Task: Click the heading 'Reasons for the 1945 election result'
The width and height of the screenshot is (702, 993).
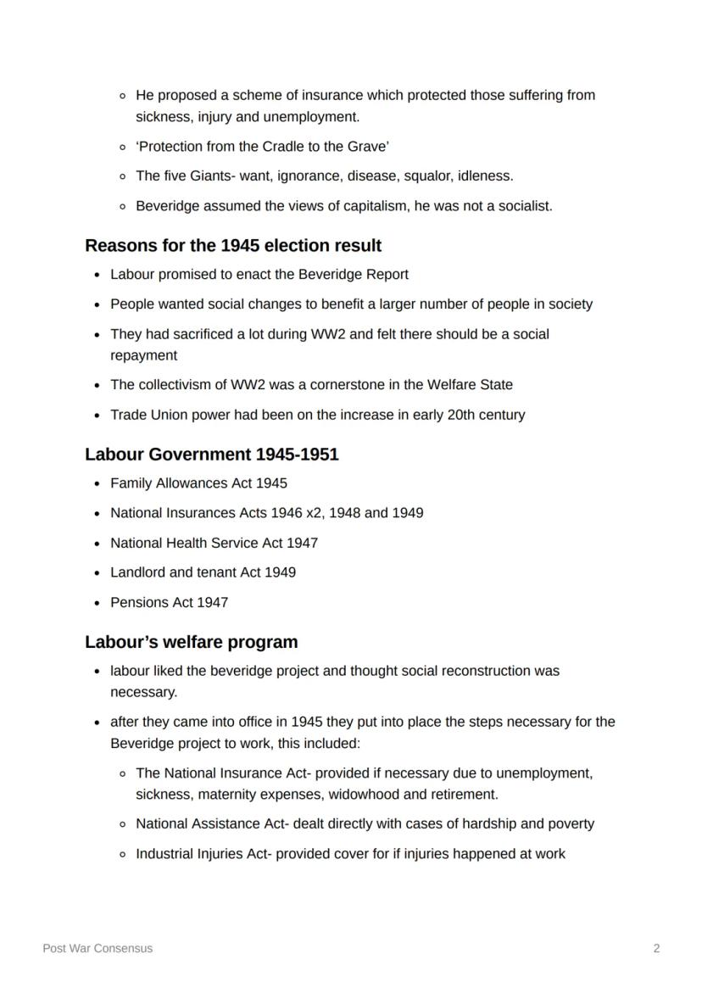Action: [233, 246]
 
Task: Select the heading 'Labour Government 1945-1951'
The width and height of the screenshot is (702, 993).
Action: [211, 455]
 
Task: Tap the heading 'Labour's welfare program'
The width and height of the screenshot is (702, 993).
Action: [191, 642]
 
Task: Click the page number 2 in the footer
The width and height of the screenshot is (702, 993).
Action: [656, 948]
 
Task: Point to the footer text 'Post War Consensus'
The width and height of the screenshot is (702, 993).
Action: [97, 948]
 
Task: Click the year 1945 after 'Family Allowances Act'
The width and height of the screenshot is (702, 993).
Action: [271, 483]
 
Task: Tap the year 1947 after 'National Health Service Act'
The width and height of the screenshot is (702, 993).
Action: [302, 543]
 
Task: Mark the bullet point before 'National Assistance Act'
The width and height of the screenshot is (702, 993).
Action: [124, 824]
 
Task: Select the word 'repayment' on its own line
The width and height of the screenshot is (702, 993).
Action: [143, 355]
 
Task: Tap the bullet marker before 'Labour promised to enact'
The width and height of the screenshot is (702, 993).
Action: [98, 275]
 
